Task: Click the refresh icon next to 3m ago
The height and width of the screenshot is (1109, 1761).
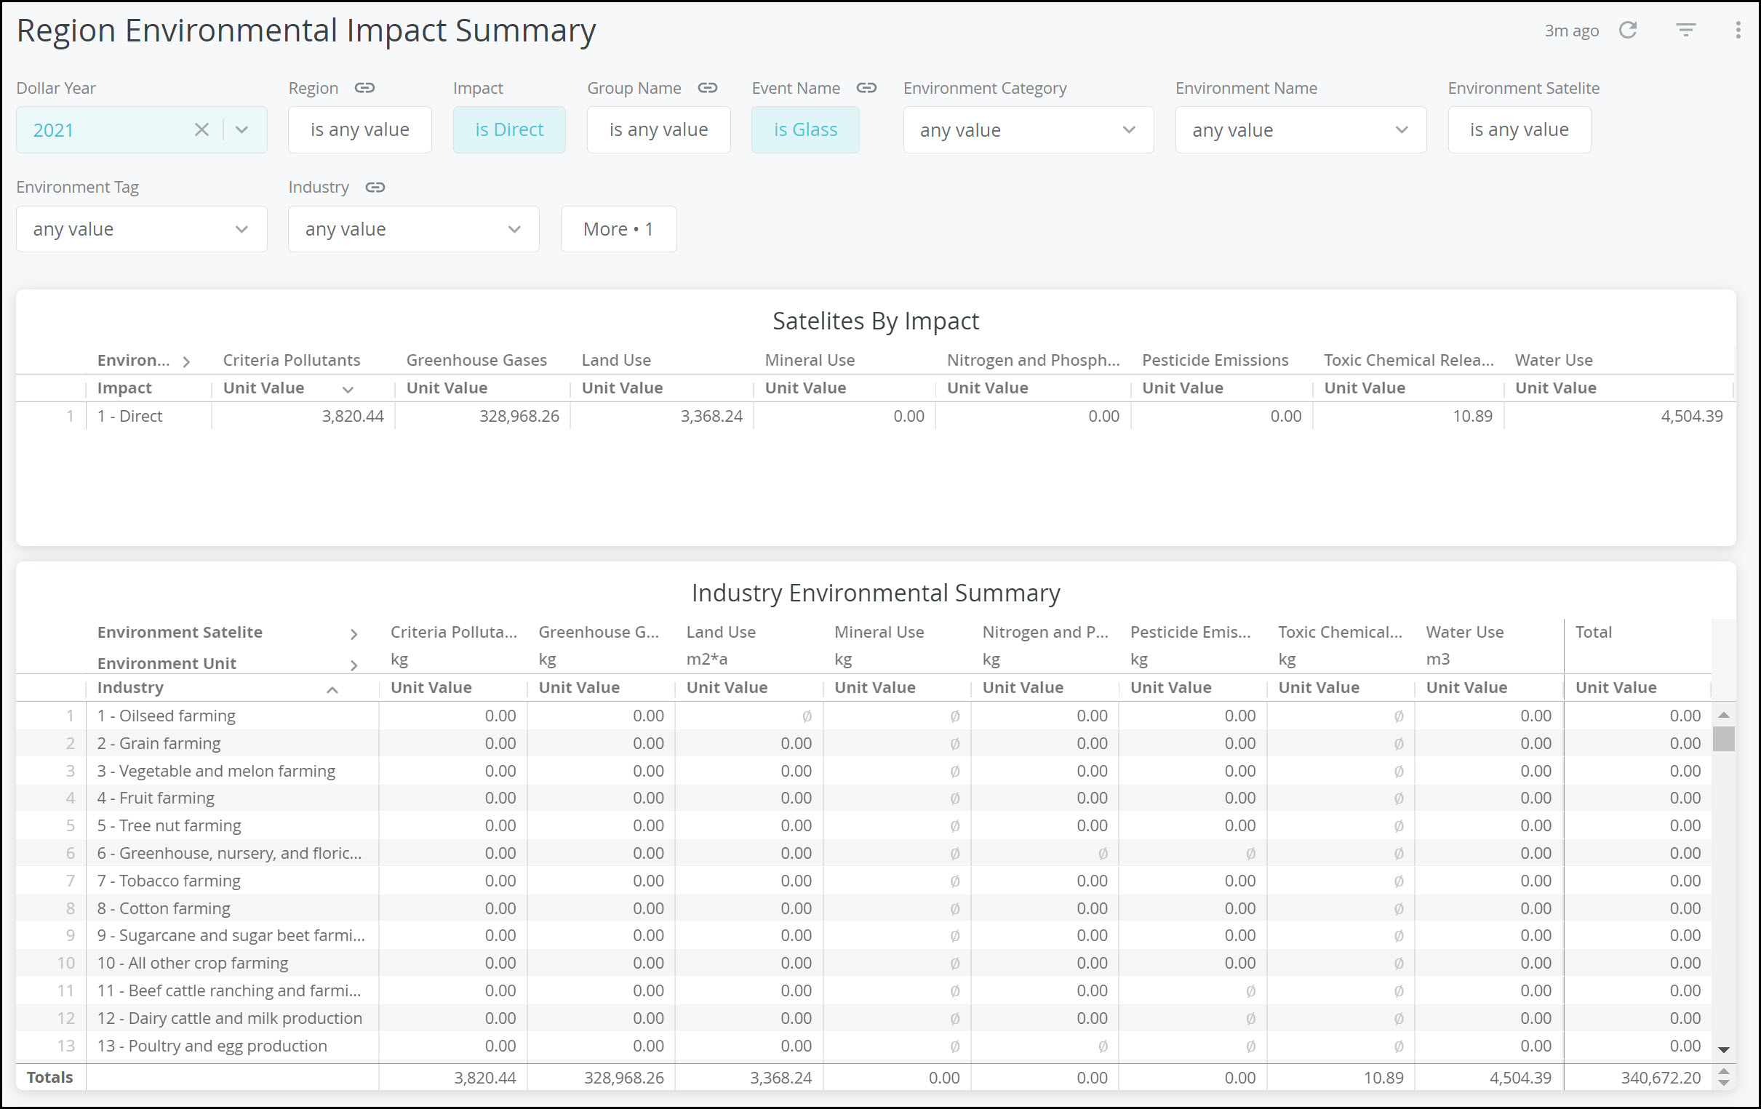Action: tap(1627, 30)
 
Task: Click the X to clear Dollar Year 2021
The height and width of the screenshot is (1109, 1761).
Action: tap(201, 129)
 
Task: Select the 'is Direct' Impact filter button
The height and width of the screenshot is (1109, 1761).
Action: tap(509, 129)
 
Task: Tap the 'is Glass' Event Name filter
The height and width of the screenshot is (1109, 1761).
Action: tap(805, 129)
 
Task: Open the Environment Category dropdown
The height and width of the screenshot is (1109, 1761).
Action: tap(1028, 130)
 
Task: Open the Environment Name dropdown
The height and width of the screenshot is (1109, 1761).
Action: tap(1300, 130)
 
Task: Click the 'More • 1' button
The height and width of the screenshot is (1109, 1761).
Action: tap(618, 229)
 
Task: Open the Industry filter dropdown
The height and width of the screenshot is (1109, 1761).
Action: tap(413, 229)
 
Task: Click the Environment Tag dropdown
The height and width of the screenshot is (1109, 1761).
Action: tap(141, 229)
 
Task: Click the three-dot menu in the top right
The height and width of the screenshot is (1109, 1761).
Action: tap(1738, 30)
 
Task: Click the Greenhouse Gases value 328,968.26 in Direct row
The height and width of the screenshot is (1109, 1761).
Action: tap(519, 416)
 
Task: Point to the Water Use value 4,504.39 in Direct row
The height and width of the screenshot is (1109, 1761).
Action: tap(1690, 416)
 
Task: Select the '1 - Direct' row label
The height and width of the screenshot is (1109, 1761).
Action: tap(130, 416)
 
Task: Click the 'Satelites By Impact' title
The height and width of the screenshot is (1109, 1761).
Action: tap(875, 321)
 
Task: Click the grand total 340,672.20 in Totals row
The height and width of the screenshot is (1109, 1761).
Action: tap(1660, 1077)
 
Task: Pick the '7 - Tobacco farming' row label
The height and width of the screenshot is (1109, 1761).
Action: tap(169, 881)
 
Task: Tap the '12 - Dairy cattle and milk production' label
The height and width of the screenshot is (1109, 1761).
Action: tap(230, 1018)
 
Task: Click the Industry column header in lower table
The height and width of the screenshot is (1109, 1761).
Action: tap(131, 687)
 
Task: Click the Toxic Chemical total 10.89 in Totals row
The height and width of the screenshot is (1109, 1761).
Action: tap(1383, 1077)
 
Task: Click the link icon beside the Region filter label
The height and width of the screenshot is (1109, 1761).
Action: tap(364, 88)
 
